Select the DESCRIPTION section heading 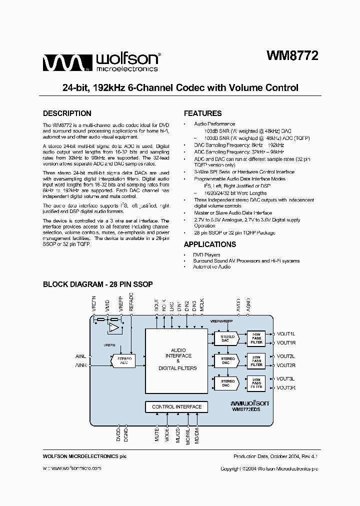pos(67,113)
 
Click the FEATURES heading pos(202,113)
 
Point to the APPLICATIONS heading pos(210,244)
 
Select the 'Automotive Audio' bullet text pos(211,267)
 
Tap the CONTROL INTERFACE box pos(176,407)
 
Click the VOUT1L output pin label pos(286,333)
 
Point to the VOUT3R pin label pos(286,388)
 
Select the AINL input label pos(80,356)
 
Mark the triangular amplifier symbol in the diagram pos(114,328)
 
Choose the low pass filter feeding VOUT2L pos(256,360)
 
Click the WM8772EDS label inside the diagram pos(250,409)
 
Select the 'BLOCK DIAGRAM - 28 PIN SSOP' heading pos(98,284)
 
